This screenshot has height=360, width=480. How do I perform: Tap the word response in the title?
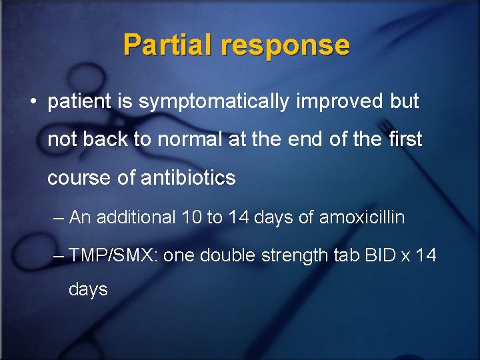point(286,45)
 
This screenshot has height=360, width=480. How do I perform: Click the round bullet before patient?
point(33,102)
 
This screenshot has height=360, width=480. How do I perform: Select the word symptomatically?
point(207,102)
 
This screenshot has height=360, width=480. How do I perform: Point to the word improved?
point(337,102)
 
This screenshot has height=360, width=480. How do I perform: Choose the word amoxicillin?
point(362,217)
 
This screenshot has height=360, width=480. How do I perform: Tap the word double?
point(227,255)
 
